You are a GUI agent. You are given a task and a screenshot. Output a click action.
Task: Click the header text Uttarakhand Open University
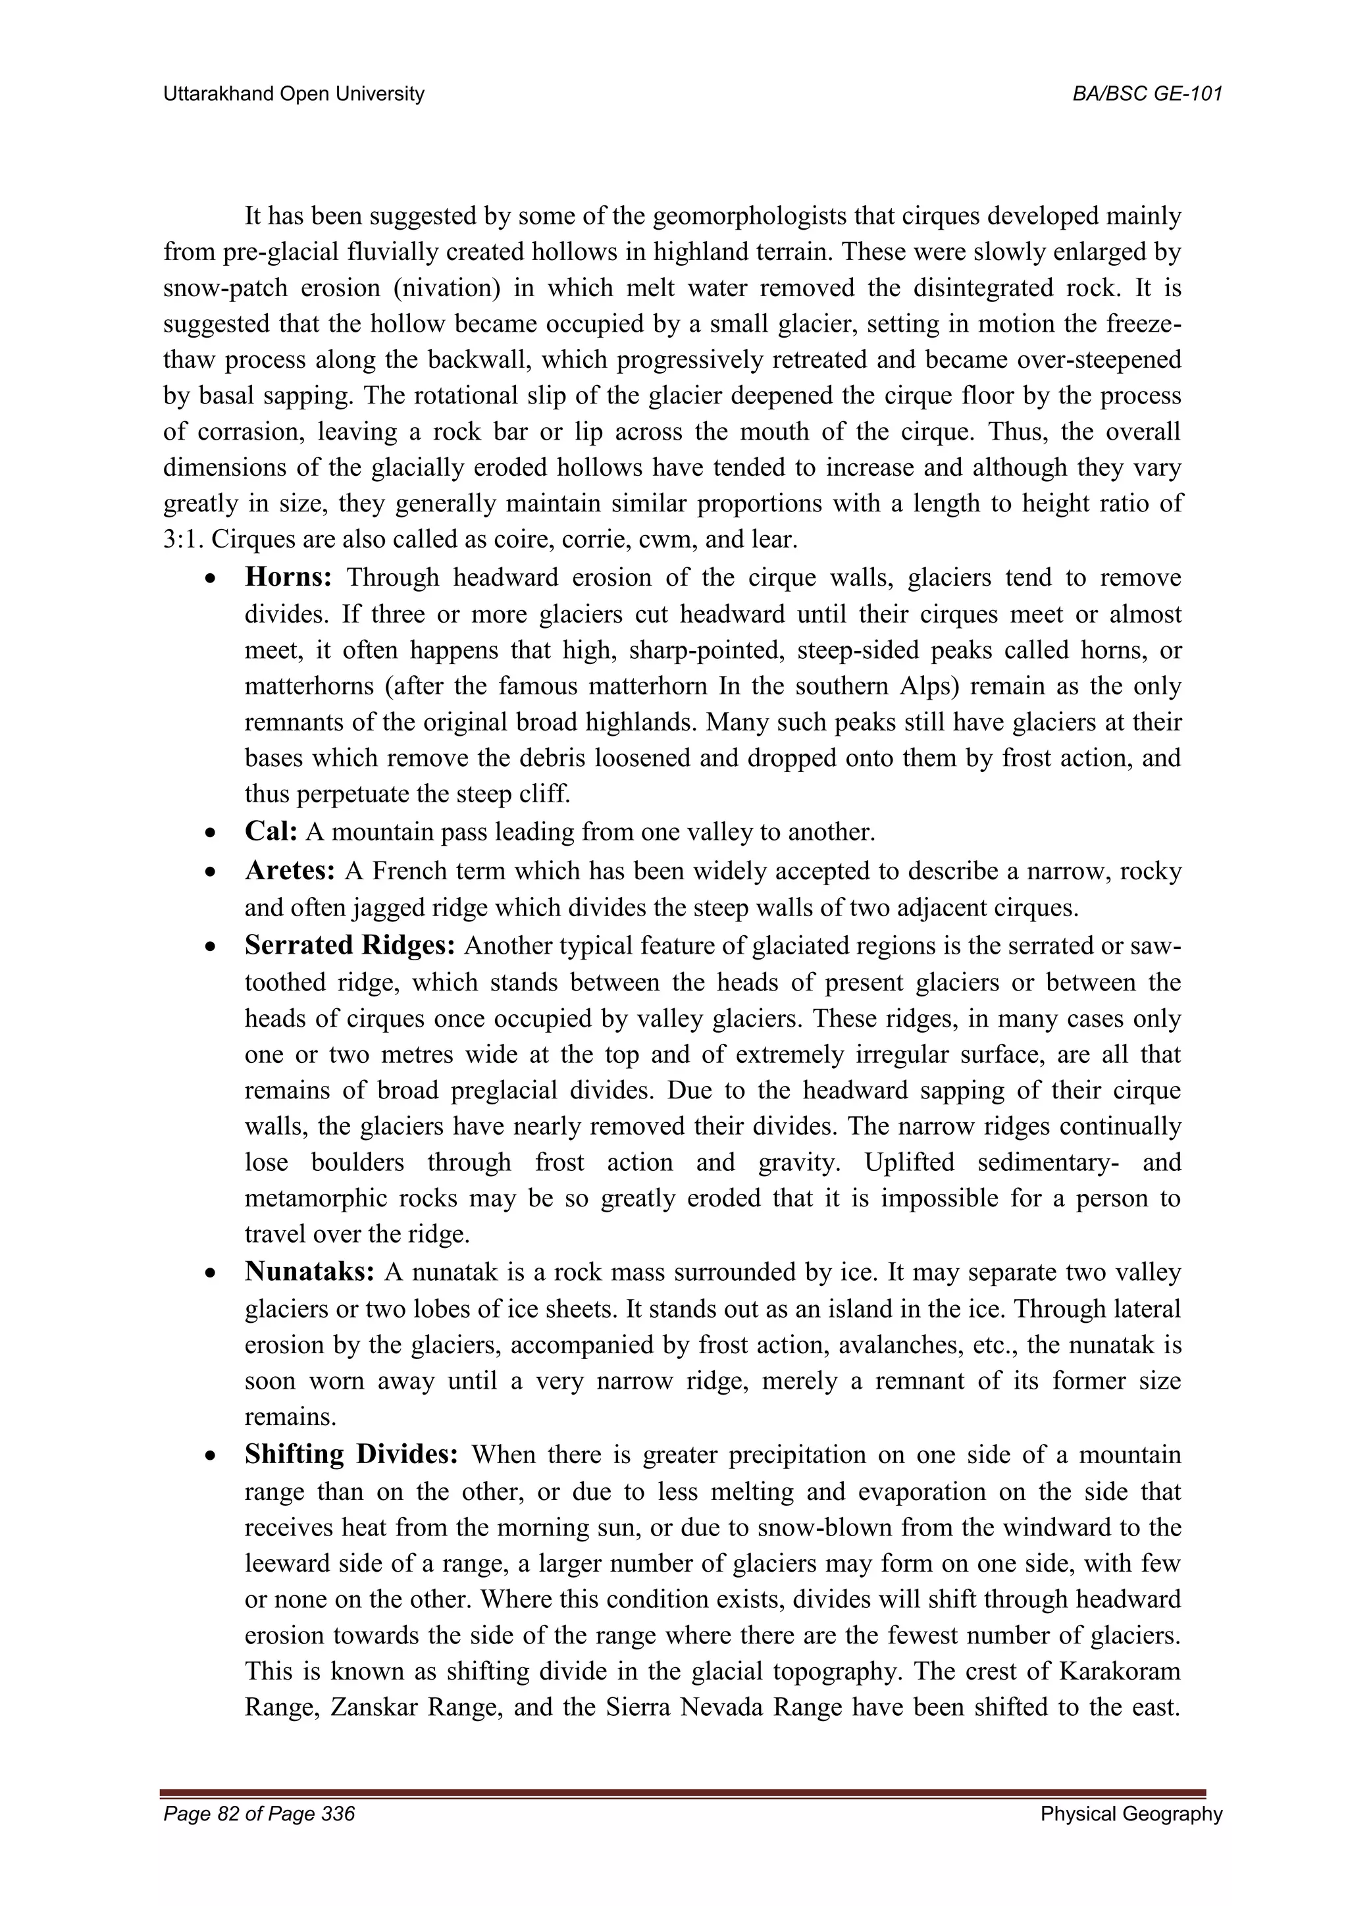pos(294,94)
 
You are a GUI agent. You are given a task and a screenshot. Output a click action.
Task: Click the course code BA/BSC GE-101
pos(1147,94)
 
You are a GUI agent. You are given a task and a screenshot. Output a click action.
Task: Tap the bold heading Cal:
pos(271,831)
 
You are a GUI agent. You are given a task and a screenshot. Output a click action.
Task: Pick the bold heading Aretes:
pos(290,871)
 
